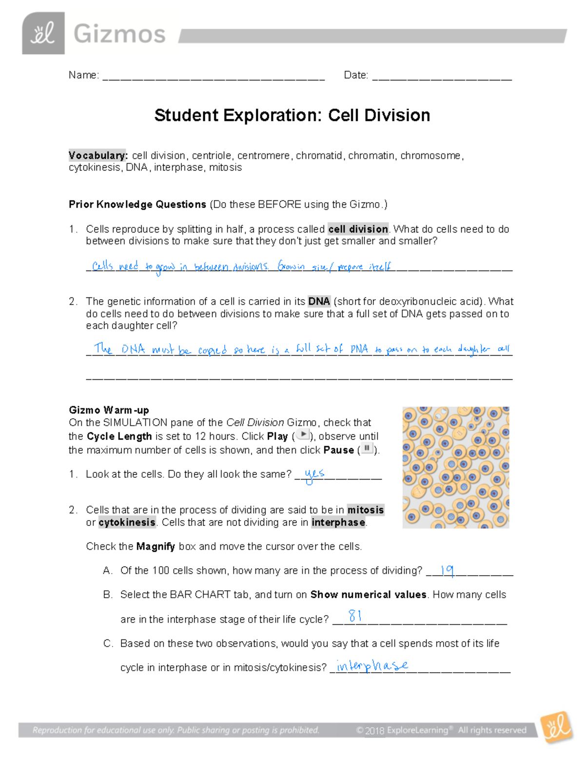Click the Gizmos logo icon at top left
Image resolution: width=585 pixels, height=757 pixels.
click(43, 33)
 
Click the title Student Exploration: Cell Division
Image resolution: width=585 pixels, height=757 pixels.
click(292, 116)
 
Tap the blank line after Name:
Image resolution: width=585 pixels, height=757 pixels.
click(213, 76)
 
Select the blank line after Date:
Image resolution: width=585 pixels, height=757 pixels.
click(442, 76)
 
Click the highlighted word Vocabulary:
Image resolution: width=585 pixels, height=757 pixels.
click(98, 155)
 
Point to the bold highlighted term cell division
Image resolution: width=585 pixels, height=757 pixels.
click(358, 229)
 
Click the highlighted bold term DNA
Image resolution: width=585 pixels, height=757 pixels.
click(319, 301)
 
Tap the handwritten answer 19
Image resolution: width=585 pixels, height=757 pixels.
click(447, 570)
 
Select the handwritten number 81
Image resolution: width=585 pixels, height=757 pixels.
click(355, 616)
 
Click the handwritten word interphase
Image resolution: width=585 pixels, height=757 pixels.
click(372, 665)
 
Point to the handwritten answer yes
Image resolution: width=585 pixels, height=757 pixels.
click(314, 474)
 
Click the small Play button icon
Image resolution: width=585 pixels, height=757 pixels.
click(303, 435)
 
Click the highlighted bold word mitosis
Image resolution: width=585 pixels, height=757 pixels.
click(365, 510)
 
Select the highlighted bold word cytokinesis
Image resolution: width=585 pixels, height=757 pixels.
click(127, 523)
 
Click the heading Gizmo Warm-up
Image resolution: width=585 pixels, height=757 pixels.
click(109, 410)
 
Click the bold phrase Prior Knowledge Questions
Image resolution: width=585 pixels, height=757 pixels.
click(137, 204)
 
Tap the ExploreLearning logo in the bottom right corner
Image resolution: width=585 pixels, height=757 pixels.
click(557, 728)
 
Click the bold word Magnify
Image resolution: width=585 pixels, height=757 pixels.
click(156, 546)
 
